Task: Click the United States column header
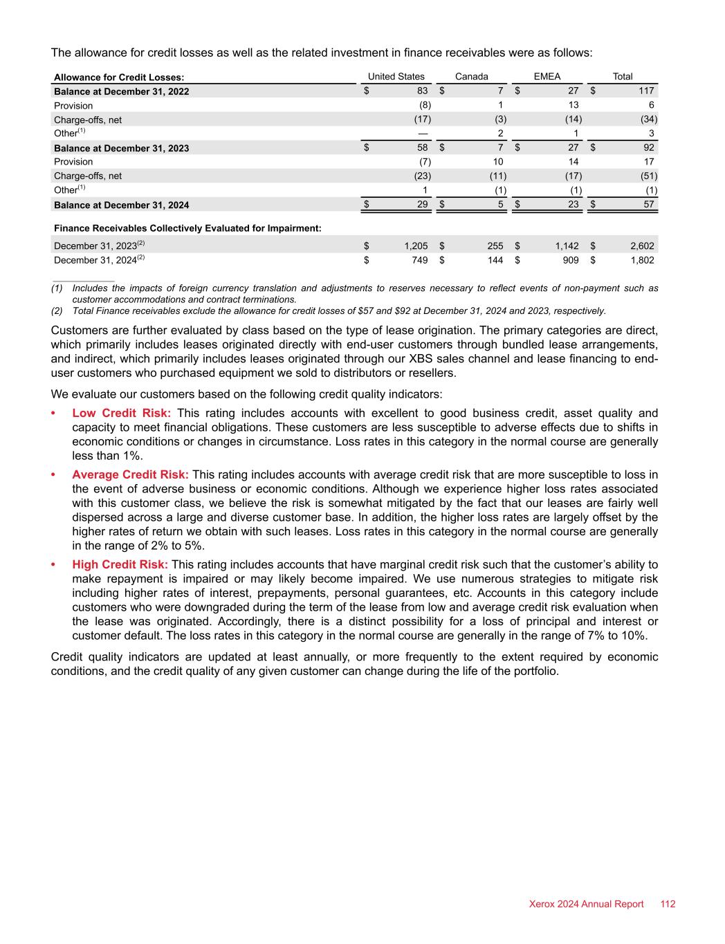(396, 77)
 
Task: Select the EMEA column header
(547, 77)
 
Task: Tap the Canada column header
(471, 77)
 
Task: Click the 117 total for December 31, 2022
(646, 91)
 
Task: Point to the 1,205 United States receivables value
(416, 246)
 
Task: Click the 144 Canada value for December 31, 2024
(494, 260)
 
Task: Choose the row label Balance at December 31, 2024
(121, 205)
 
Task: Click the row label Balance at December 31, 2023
(121, 148)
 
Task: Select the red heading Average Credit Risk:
(130, 474)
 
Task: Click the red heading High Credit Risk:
(120, 564)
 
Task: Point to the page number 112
(668, 904)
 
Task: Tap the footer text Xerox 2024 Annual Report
(586, 904)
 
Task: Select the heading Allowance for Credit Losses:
(119, 77)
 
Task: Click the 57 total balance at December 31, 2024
(648, 205)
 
